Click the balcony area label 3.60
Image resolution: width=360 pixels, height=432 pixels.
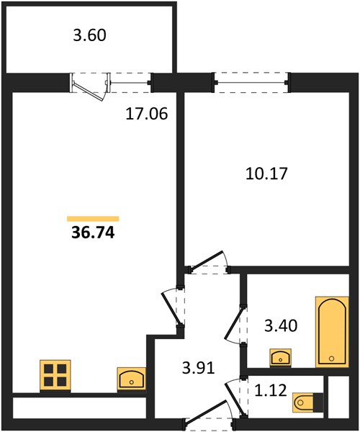point(89,35)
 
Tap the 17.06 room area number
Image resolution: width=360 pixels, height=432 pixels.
point(147,114)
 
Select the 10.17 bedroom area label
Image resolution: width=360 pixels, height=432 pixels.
point(266,174)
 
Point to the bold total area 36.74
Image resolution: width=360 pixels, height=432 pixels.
point(93,233)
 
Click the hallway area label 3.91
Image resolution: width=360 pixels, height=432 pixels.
point(198,367)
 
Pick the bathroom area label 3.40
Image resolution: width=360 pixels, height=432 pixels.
point(281,325)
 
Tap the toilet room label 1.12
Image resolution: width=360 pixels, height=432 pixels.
point(271,390)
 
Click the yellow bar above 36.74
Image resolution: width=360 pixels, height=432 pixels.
point(93,219)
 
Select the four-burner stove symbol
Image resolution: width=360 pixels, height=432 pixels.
point(55,375)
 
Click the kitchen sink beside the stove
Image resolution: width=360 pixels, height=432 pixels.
point(131,379)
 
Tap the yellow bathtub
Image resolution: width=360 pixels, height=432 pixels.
point(332,332)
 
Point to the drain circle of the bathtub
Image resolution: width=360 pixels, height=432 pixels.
point(332,358)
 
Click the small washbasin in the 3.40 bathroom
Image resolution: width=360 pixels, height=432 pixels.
point(280,358)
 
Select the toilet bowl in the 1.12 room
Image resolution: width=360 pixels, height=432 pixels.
point(303,402)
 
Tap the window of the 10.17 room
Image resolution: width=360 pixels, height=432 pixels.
point(251,82)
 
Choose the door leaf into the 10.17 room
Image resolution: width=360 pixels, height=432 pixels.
point(207,260)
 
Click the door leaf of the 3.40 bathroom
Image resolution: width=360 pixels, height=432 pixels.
point(235,323)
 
